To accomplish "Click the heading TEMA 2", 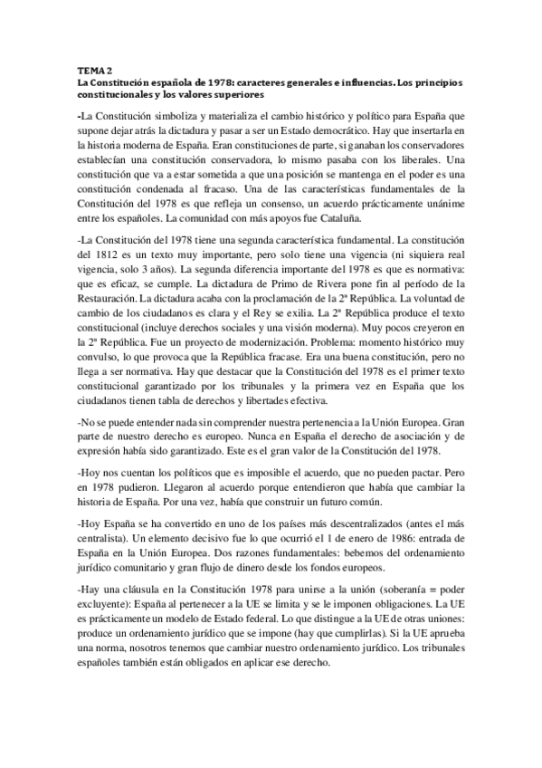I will coord(93,70).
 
